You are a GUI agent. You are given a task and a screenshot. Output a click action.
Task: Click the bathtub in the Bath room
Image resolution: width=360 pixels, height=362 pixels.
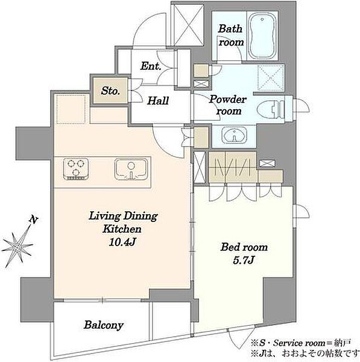tap(263, 36)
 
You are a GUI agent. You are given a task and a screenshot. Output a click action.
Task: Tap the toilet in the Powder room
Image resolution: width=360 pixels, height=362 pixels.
tap(271, 108)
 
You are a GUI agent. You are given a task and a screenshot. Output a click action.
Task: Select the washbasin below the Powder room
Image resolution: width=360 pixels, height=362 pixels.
tap(234, 135)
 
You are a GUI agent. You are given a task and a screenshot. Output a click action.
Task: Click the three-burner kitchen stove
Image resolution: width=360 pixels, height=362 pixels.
tap(77, 169)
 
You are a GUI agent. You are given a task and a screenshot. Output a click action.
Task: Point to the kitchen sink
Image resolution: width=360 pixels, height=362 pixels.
tap(131, 169)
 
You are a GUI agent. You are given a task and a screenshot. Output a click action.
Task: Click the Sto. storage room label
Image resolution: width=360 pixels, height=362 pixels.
tap(110, 91)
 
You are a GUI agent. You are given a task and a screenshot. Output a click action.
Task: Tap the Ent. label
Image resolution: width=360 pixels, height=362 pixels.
tap(151, 66)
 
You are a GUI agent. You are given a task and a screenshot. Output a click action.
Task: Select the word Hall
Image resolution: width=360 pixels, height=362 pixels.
tap(159, 101)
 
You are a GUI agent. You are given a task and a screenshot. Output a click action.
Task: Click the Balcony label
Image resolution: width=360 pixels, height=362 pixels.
tap(103, 326)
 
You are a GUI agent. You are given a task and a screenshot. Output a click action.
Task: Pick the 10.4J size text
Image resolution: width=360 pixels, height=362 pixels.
tap(122, 242)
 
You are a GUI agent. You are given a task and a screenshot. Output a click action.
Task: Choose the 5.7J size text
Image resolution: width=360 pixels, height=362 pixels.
tap(244, 261)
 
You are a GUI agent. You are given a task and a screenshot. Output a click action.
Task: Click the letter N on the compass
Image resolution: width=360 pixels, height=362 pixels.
tap(33, 220)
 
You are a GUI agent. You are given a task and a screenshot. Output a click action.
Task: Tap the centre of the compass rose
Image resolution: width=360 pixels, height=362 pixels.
tap(17, 247)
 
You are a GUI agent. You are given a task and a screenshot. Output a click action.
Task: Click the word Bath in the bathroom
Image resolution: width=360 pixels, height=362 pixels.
tap(230, 29)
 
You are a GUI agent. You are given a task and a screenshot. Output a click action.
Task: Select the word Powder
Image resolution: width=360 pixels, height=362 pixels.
tap(228, 100)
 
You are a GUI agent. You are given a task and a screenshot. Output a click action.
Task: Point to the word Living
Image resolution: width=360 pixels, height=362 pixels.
tap(105, 217)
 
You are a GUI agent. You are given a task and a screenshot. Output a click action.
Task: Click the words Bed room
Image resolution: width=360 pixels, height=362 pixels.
tap(244, 247)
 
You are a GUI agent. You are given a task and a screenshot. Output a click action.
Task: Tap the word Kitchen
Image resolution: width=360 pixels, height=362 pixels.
tap(122, 229)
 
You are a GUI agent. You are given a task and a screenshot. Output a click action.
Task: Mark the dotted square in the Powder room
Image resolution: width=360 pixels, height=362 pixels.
tap(271, 77)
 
